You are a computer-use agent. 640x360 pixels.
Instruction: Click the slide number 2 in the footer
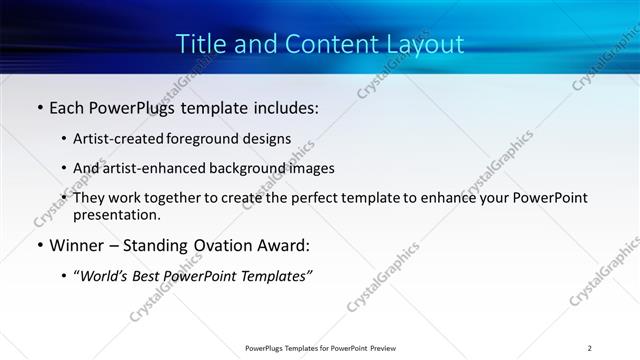click(590, 348)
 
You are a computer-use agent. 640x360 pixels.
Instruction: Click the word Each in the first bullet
click(68, 107)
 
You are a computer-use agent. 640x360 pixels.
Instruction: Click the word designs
click(270, 138)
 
